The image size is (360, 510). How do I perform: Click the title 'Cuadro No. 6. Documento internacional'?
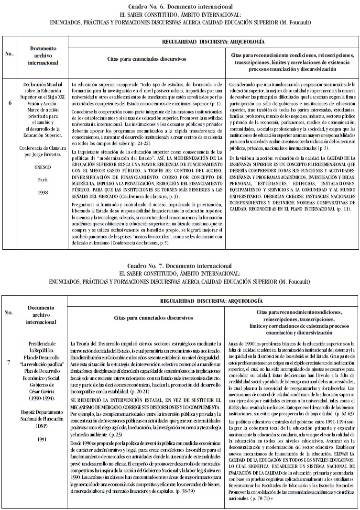[x=180, y=7]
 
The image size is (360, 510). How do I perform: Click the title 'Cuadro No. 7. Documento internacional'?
[x=180, y=266]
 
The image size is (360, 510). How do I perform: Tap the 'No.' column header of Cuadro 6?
[x=10, y=54]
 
